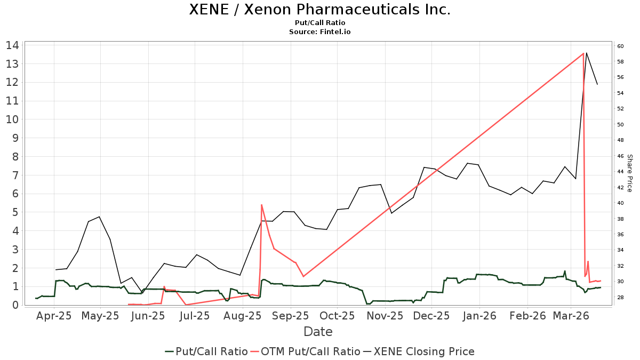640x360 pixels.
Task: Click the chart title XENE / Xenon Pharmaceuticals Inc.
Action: (x=319, y=10)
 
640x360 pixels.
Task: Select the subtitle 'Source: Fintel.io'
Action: (x=319, y=32)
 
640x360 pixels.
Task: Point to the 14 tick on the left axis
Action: (x=12, y=45)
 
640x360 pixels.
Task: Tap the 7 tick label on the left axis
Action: (x=15, y=175)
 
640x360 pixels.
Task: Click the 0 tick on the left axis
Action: (x=15, y=305)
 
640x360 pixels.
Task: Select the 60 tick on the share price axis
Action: (x=621, y=46)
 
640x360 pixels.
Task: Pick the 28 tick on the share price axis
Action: (x=621, y=297)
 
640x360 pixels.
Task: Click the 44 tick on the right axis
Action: (x=621, y=172)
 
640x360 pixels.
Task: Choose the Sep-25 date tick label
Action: (x=291, y=316)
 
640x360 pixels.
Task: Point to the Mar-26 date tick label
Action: (x=571, y=316)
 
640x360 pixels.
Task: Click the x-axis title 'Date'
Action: (x=318, y=332)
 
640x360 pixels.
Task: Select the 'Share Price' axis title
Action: (x=629, y=173)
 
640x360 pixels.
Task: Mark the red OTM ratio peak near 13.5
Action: (x=583, y=53)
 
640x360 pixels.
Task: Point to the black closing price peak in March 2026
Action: (x=587, y=53)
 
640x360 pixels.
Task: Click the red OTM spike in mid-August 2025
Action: (x=261, y=205)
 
